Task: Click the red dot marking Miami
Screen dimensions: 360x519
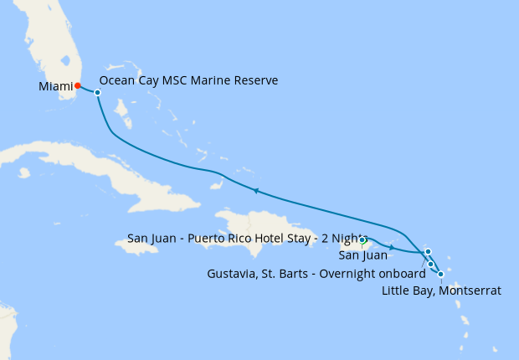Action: pyautogui.click(x=77, y=85)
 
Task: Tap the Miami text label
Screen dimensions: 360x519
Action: pyautogui.click(x=55, y=86)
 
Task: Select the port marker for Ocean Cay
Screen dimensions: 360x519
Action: pyautogui.click(x=97, y=92)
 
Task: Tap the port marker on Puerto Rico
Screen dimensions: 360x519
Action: pyautogui.click(x=362, y=242)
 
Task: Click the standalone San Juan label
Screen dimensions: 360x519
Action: pyautogui.click(x=362, y=255)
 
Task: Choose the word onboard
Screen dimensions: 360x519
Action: pyautogui.click(x=403, y=272)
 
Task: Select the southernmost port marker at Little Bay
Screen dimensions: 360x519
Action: pyautogui.click(x=441, y=274)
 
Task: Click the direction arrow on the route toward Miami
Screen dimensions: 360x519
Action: pyautogui.click(x=255, y=192)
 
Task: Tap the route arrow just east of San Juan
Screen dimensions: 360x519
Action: pyautogui.click(x=392, y=248)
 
